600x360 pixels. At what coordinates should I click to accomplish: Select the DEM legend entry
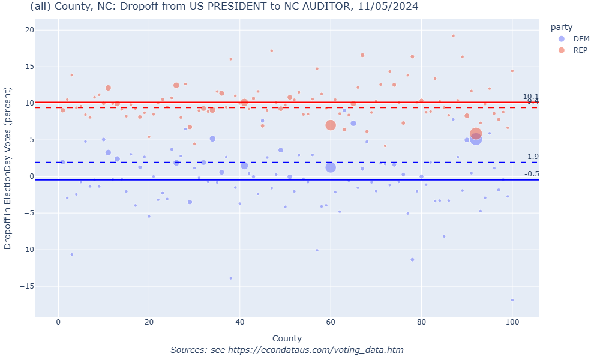pos(574,38)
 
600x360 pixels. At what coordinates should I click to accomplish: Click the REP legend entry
pos(574,50)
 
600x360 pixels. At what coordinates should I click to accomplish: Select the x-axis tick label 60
pos(331,324)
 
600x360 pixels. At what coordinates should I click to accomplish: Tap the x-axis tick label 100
pos(512,324)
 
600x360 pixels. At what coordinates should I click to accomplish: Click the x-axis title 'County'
pos(287,338)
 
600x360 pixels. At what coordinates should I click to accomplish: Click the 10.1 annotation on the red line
pos(530,97)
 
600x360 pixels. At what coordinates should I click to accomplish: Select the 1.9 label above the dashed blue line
pos(533,157)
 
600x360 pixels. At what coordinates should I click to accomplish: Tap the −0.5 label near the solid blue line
pos(532,174)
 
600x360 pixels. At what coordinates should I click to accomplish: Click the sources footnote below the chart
pos(287,350)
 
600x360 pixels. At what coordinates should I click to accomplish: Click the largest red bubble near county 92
pos(476,134)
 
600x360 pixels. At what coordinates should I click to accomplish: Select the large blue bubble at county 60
pos(331,167)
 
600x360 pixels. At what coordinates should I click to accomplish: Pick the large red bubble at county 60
pos(331,125)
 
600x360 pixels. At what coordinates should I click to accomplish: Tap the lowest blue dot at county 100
pos(512,300)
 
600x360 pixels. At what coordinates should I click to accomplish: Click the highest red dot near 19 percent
pos(453,36)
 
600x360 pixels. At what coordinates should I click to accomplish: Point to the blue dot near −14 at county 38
pos(230,278)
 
